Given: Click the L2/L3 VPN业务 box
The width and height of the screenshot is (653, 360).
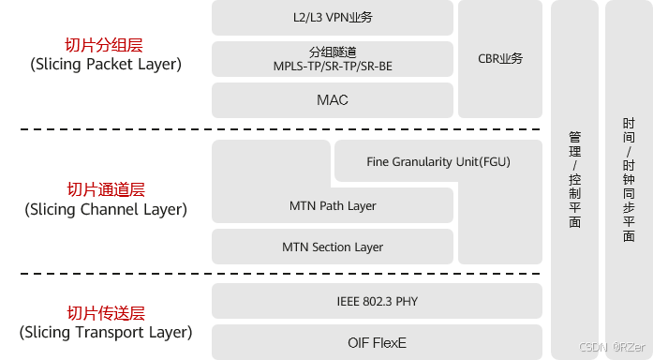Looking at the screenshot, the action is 333,18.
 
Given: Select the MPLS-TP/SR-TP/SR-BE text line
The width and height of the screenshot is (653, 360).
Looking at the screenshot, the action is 333,67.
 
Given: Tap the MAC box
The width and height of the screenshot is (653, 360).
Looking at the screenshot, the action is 333,100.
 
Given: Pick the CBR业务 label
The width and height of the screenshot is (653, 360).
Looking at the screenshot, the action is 500,59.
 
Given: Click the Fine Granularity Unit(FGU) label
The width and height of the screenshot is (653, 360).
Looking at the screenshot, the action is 438,161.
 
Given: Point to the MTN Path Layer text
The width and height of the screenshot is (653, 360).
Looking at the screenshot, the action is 333,206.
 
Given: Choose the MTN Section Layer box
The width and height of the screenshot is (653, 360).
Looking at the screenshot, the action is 333,247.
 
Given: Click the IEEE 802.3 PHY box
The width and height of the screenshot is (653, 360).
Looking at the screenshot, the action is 377,301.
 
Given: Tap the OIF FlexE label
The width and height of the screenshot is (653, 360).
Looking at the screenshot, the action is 377,343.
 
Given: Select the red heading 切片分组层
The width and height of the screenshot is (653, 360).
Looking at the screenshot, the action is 104,45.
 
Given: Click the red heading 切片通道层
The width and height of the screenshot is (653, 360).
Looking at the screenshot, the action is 106,189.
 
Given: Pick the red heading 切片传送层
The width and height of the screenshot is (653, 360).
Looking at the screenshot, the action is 106,313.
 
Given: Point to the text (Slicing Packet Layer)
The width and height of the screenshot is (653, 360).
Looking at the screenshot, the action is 106,64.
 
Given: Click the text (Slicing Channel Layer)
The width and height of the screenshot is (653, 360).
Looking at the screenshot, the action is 106,209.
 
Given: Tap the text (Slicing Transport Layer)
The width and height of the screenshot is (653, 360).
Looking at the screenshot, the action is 106,333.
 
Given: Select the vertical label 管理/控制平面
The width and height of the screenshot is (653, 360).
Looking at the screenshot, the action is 574,180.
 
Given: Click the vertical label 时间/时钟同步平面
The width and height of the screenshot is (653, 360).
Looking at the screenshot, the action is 629,180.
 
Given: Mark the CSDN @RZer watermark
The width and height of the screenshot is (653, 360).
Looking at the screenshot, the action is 612,347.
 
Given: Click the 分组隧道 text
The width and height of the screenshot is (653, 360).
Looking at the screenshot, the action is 333,52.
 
